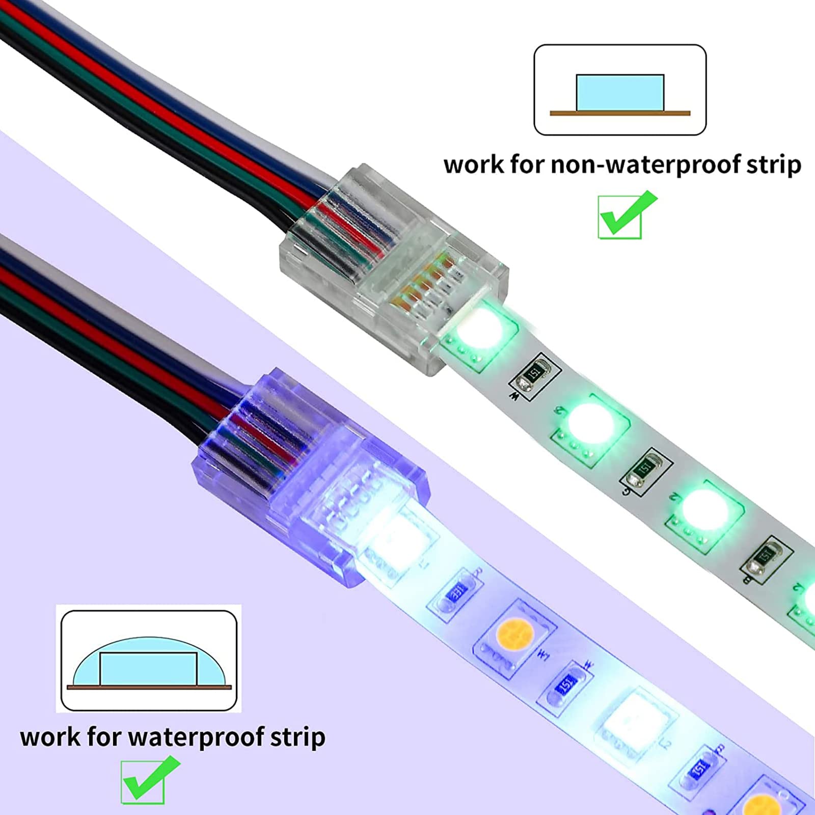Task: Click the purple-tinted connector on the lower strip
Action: (311, 476)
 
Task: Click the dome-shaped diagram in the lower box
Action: (148, 661)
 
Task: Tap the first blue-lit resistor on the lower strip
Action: (456, 592)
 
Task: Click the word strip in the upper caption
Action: (774, 166)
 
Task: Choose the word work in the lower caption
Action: (49, 737)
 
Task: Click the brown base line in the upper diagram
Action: (620, 113)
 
